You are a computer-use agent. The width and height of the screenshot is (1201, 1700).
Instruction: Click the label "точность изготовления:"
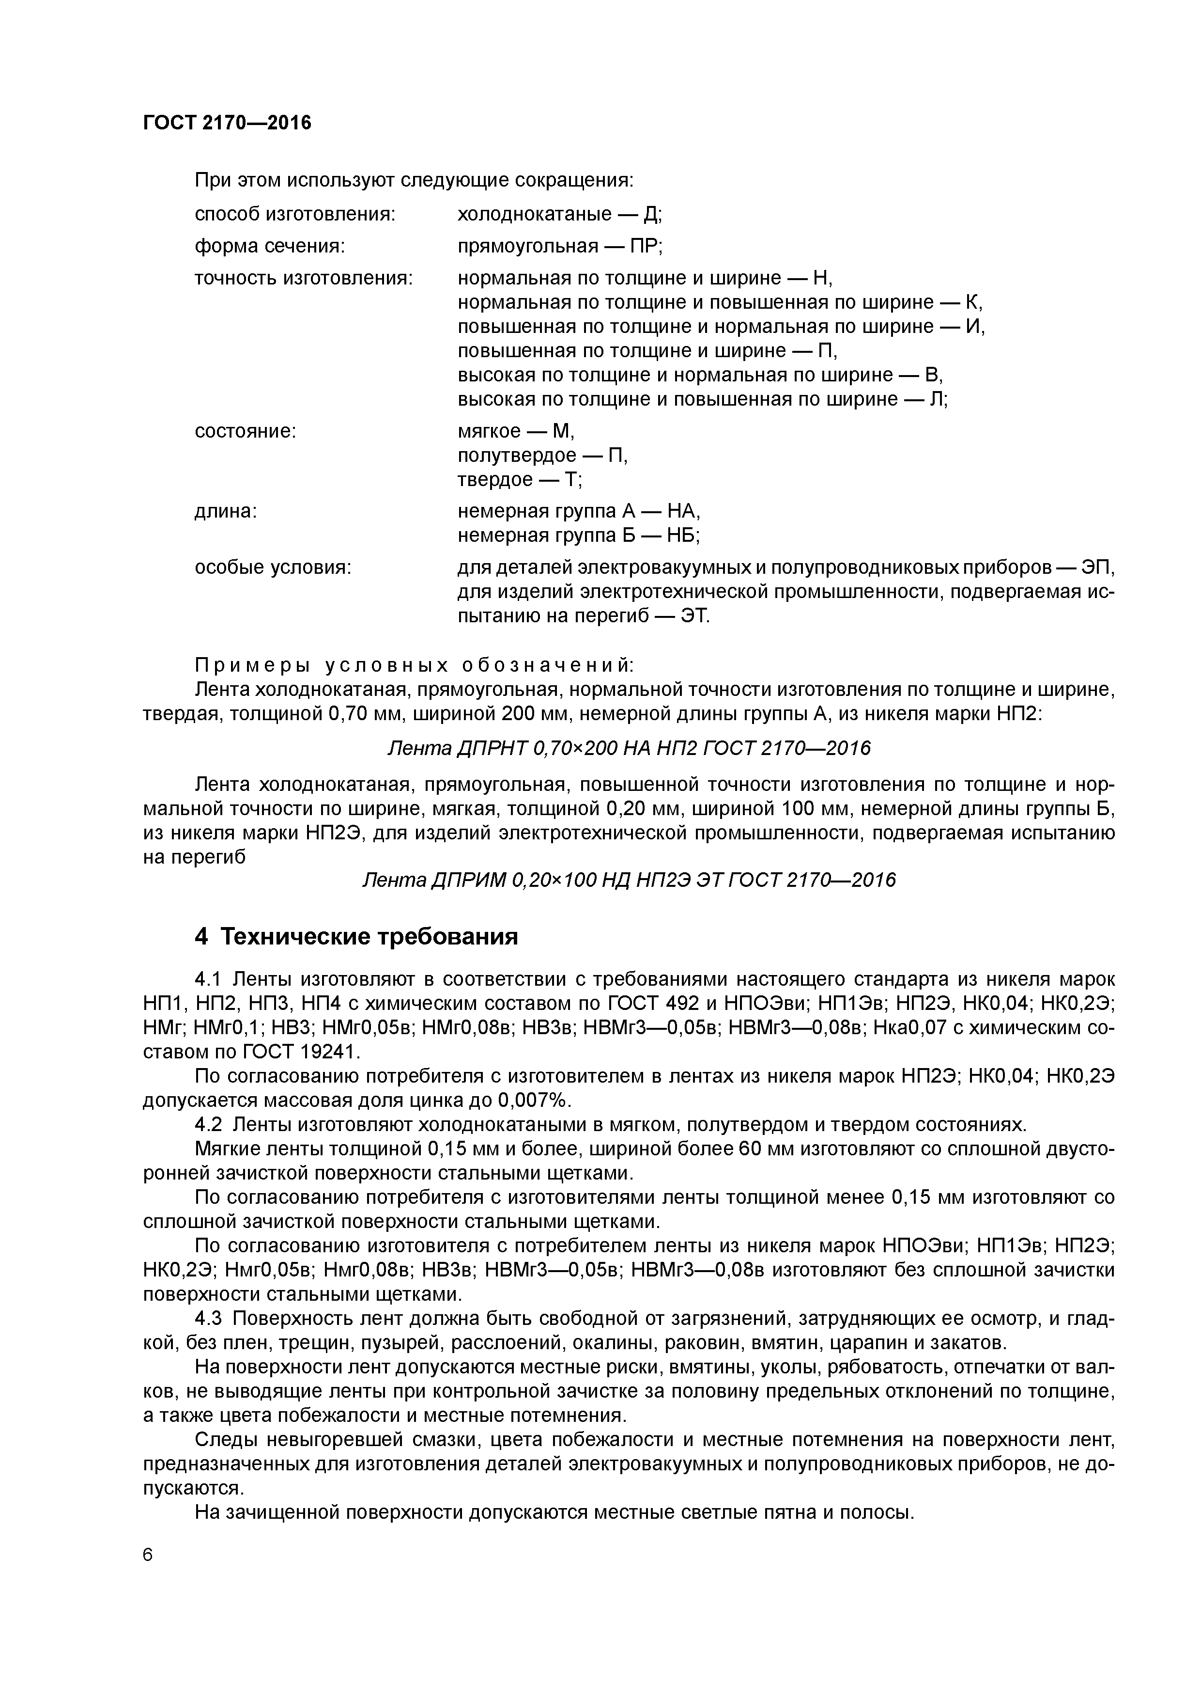pyautogui.click(x=303, y=278)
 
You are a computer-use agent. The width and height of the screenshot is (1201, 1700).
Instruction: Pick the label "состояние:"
pyautogui.click(x=245, y=431)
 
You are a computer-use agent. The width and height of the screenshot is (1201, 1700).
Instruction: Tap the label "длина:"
pyautogui.click(x=226, y=511)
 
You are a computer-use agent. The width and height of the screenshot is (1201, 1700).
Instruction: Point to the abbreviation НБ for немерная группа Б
pyautogui.click(x=682, y=535)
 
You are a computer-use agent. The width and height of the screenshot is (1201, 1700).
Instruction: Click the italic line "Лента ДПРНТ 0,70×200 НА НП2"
pyautogui.click(x=629, y=749)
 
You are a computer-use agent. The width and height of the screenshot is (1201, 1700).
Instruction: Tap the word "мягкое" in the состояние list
pyautogui.click(x=489, y=431)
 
